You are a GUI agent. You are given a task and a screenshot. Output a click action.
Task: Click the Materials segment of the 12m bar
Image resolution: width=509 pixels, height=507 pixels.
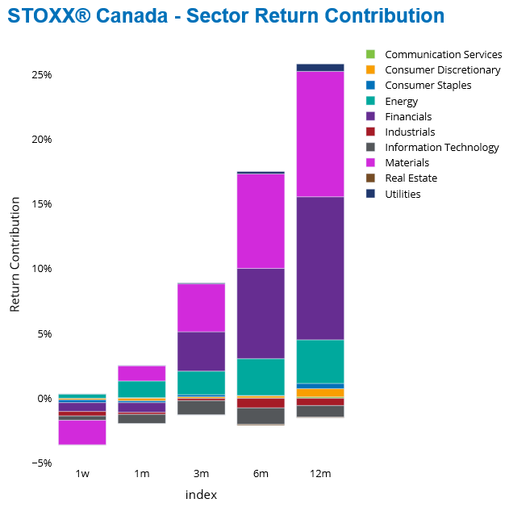pyautogui.click(x=320, y=134)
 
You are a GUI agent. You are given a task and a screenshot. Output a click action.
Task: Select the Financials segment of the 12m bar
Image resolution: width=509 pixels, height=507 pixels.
pyautogui.click(x=320, y=268)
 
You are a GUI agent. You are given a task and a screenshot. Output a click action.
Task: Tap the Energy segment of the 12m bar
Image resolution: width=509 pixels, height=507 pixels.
pyautogui.click(x=320, y=361)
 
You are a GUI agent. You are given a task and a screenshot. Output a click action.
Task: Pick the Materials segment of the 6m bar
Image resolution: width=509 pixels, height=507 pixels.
pyautogui.click(x=261, y=220)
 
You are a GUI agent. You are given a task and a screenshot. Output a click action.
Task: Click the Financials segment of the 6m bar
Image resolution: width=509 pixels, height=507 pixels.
pyautogui.click(x=261, y=313)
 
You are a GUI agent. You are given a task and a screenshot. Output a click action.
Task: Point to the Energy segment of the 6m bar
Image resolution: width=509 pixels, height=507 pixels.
pyautogui.click(x=261, y=376)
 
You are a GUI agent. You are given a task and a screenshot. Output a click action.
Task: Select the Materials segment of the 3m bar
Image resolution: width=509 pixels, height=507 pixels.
pyautogui.click(x=201, y=308)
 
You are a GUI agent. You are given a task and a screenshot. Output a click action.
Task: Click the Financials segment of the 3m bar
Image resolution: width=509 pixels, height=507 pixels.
pyautogui.click(x=201, y=351)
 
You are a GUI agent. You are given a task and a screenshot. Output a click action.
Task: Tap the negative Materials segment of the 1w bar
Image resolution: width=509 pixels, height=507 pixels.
pyautogui.click(x=82, y=433)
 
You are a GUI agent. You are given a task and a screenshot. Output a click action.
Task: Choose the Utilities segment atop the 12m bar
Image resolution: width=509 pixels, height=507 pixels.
pyautogui.click(x=320, y=68)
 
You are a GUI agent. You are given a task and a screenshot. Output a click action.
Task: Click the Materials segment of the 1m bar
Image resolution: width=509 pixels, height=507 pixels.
pyautogui.click(x=141, y=373)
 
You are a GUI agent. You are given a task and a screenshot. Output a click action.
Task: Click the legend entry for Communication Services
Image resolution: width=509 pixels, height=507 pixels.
pyautogui.click(x=443, y=55)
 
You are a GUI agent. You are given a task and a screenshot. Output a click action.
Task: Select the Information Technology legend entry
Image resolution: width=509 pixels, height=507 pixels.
pyautogui.click(x=441, y=148)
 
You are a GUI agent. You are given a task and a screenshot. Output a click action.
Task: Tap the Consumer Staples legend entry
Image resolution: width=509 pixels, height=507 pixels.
pyautogui.click(x=428, y=86)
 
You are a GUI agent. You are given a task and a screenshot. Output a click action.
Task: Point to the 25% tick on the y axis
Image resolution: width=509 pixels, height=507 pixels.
pyautogui.click(x=42, y=74)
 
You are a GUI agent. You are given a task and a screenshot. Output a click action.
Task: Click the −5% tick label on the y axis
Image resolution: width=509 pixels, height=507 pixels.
pyautogui.click(x=41, y=463)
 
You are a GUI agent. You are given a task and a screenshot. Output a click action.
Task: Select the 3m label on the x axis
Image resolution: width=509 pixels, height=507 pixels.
pyautogui.click(x=201, y=474)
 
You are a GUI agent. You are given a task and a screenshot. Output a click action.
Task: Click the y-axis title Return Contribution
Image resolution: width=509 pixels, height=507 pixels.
pyautogui.click(x=15, y=258)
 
